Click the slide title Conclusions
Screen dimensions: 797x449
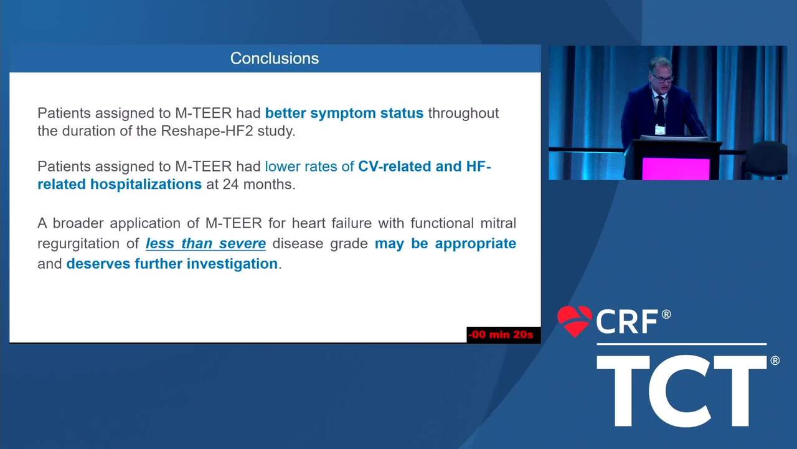[275, 59]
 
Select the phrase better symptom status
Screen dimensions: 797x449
[344, 113]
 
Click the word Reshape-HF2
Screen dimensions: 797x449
[207, 131]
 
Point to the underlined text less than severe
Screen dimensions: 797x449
[205, 244]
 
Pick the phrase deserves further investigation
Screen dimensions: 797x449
[172, 264]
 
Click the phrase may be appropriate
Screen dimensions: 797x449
[445, 244]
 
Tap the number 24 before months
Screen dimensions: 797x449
[230, 185]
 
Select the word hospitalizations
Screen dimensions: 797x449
[146, 185]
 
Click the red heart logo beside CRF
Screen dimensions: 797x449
[575, 321]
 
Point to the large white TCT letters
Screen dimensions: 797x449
[682, 390]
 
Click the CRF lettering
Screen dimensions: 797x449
[627, 322]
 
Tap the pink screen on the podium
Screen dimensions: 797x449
[676, 169]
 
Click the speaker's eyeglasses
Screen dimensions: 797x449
[662, 79]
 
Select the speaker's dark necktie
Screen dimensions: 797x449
[660, 109]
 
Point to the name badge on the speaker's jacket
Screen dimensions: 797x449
[660, 129]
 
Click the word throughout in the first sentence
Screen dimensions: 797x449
[463, 113]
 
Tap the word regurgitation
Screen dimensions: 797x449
[78, 244]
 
